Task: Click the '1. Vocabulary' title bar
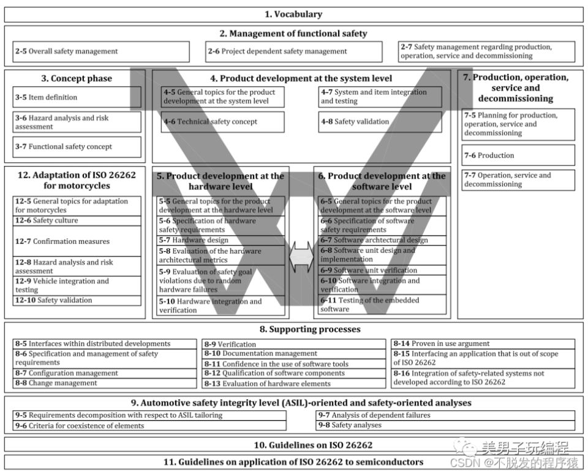[x=293, y=14]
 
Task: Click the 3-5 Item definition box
[x=77, y=97]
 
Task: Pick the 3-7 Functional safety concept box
[x=77, y=147]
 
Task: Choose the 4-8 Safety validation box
[x=380, y=122]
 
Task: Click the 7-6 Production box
[x=518, y=156]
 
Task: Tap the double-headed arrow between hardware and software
[x=301, y=257]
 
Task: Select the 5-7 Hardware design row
[x=221, y=241]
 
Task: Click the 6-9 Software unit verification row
[x=382, y=270]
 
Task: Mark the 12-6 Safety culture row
[x=77, y=220]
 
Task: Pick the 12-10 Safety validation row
[x=77, y=301]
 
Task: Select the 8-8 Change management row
[x=104, y=383]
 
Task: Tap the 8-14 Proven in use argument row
[x=483, y=344]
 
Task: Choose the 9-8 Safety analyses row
[x=445, y=425]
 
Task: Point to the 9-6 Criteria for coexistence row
[x=149, y=426]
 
